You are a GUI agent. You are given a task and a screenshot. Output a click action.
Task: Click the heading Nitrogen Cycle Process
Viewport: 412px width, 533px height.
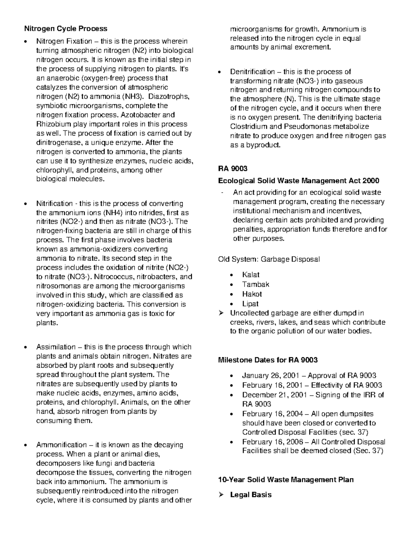(x=65, y=28)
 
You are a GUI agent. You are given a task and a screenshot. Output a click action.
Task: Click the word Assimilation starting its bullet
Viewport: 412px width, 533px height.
(x=56, y=347)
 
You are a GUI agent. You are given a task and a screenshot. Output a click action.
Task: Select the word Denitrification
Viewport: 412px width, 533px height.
(x=252, y=72)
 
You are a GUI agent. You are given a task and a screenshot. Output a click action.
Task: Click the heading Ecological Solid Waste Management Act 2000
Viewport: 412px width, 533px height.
(x=298, y=181)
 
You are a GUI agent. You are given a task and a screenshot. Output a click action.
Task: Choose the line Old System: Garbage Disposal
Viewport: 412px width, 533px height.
(x=269, y=259)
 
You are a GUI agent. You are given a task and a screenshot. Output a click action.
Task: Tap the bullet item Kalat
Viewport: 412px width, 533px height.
(x=251, y=275)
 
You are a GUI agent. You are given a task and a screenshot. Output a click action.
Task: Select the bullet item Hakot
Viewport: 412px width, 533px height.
(x=252, y=294)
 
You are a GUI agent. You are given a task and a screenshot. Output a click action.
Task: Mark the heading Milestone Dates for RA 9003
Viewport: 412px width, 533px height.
(x=268, y=360)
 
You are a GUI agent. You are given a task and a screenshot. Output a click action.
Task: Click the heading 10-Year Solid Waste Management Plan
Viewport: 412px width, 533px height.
(x=286, y=479)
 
